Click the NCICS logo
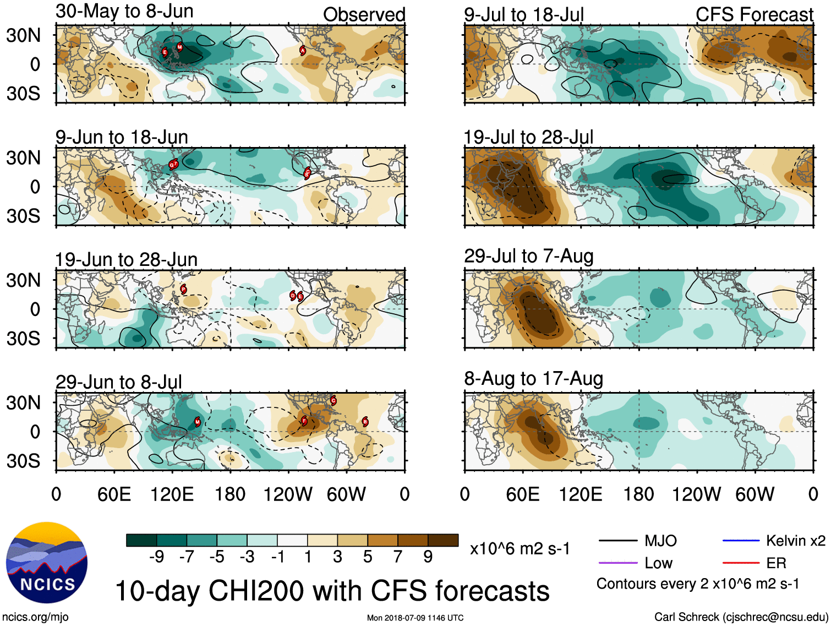pyautogui.click(x=47, y=563)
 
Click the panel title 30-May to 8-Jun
pyautogui.click(x=124, y=12)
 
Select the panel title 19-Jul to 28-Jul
pyautogui.click(x=528, y=137)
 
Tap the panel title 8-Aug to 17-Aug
pyautogui.click(x=533, y=379)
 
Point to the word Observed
pyautogui.click(x=364, y=14)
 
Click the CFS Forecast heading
pyautogui.click(x=754, y=14)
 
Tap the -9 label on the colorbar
pyautogui.click(x=156, y=557)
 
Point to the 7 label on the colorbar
pyautogui.click(x=398, y=557)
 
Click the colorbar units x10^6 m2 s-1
pyautogui.click(x=520, y=548)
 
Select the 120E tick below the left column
pyautogui.click(x=172, y=494)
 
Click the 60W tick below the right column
pyautogui.click(x=755, y=494)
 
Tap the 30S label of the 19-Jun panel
pyautogui.click(x=23, y=338)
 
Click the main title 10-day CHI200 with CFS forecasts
pyautogui.click(x=332, y=591)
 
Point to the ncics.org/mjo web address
pyautogui.click(x=35, y=617)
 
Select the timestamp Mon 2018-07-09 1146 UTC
pyautogui.click(x=415, y=618)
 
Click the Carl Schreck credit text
pyautogui.click(x=741, y=617)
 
